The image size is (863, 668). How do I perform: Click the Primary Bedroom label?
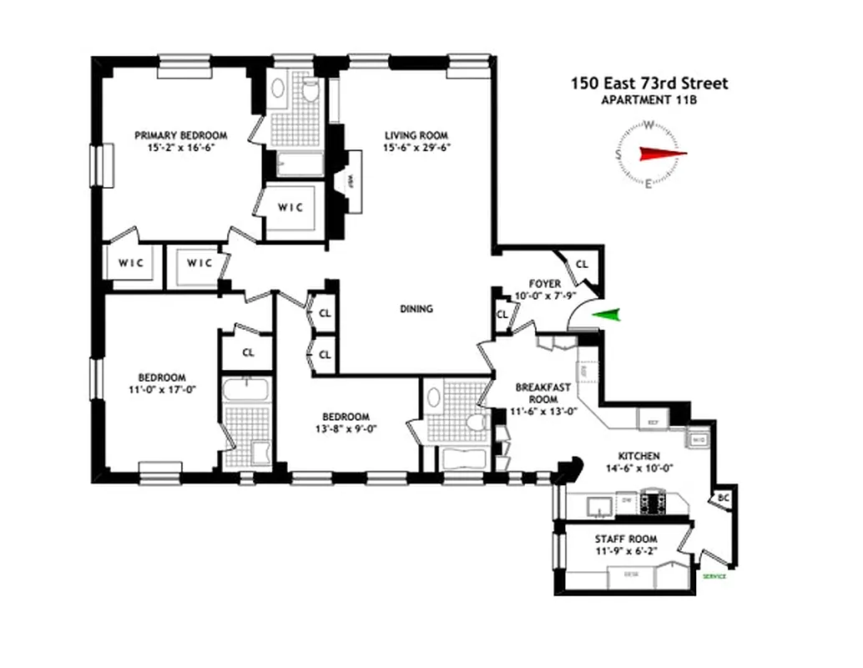181,135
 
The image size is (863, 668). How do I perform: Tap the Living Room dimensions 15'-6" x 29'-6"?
416,148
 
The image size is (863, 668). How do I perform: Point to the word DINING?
416,309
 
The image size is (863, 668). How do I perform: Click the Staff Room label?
625,539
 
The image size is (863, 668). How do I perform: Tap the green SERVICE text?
714,577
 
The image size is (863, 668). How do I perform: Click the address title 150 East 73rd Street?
649,83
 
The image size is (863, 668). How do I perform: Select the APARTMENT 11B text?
649,100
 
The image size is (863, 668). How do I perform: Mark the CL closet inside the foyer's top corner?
582,264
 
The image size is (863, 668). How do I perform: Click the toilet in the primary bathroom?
310,91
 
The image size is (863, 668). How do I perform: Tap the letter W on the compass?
649,126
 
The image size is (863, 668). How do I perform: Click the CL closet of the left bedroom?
248,352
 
